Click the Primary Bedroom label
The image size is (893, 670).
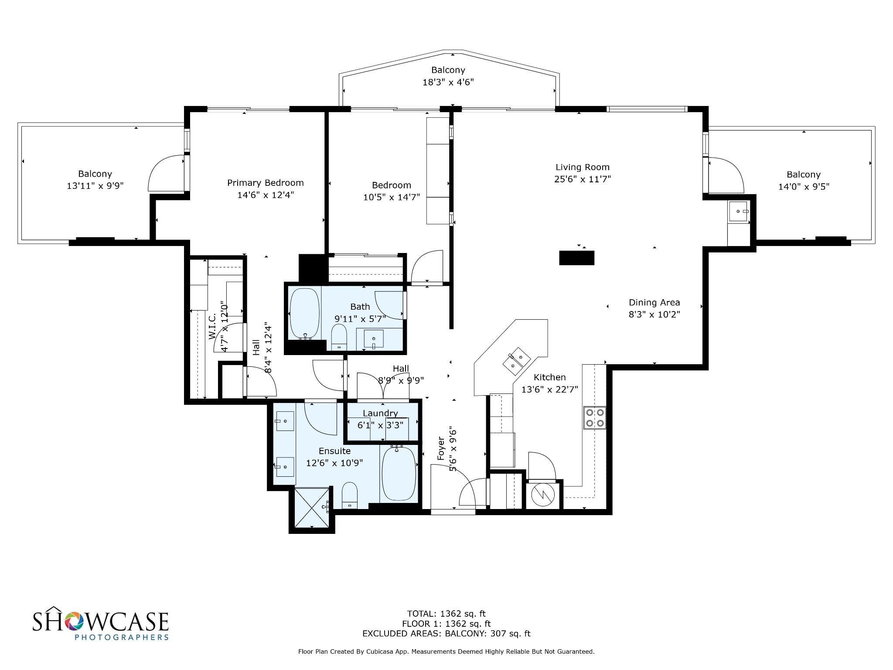[x=265, y=183]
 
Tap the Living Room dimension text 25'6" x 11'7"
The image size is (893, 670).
[x=583, y=179]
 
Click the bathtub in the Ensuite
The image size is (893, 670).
[x=399, y=473]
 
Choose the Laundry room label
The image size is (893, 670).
[x=380, y=413]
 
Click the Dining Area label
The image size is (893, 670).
[x=654, y=302]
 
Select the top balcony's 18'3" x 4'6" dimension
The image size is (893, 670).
[x=448, y=82]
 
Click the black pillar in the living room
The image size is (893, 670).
[x=576, y=258]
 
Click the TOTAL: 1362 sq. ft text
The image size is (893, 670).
[x=446, y=614]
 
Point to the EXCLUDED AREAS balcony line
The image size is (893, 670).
[x=446, y=633]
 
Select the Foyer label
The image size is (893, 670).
[x=441, y=448]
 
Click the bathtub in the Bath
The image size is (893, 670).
[x=305, y=313]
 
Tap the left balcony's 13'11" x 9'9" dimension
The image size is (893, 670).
[x=95, y=186]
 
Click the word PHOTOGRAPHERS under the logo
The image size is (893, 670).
[x=122, y=637]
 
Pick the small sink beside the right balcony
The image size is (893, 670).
[x=739, y=212]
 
